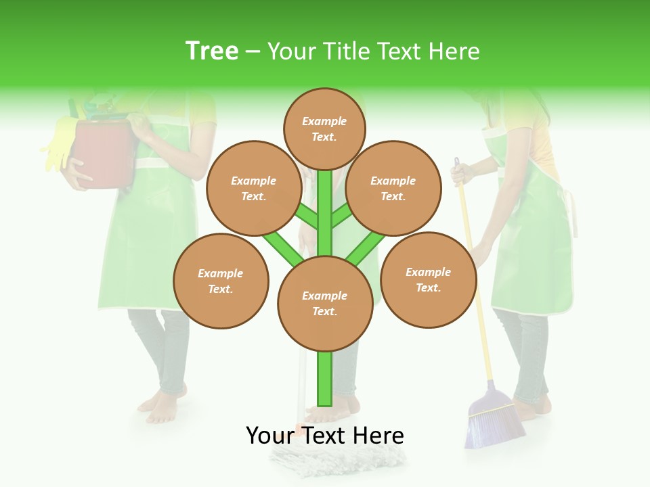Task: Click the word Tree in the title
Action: pos(212,51)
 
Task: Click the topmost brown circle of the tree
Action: pos(324,129)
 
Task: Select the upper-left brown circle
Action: pos(253,188)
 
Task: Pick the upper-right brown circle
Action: pos(393,188)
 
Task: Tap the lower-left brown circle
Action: pos(221,281)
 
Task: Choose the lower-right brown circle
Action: pos(429,279)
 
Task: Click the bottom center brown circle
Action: pos(325,304)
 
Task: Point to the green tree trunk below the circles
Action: pos(325,379)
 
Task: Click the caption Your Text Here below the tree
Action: pos(325,436)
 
